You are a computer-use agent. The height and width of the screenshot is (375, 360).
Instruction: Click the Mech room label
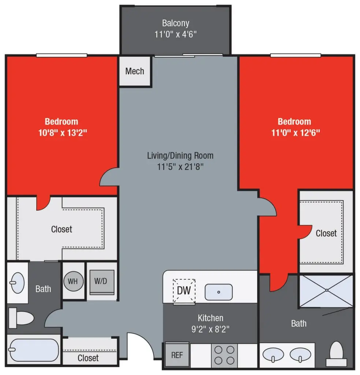134,71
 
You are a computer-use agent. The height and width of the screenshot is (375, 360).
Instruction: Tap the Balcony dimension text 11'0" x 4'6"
176,35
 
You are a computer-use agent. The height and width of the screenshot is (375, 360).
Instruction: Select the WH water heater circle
73,282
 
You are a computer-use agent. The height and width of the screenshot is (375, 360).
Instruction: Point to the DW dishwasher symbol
184,291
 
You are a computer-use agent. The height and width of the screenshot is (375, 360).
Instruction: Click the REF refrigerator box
177,355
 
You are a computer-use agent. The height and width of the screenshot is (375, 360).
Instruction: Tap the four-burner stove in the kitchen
224,355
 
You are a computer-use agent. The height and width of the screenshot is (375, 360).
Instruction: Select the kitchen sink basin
218,292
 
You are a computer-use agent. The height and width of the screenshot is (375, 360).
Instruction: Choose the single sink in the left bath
17,283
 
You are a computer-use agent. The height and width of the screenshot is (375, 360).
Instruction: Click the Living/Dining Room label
180,156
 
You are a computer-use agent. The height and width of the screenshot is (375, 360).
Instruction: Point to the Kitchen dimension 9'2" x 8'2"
211,328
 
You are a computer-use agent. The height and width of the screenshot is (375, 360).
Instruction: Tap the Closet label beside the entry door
88,357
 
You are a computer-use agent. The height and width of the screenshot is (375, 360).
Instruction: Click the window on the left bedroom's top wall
62,55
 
